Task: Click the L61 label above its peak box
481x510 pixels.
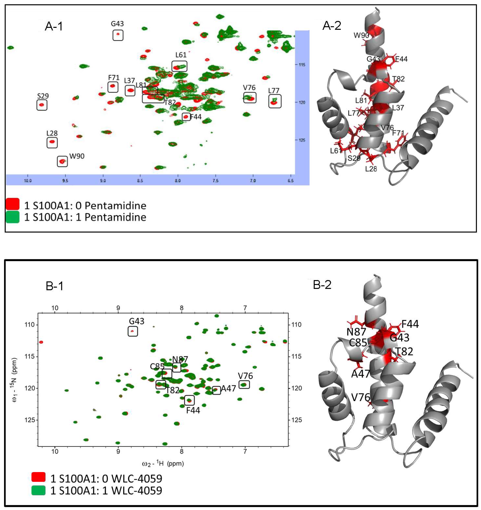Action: click(x=181, y=55)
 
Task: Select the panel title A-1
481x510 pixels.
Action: click(x=54, y=26)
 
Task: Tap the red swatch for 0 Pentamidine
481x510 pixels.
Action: click(x=12, y=204)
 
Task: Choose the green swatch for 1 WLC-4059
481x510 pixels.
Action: click(x=38, y=491)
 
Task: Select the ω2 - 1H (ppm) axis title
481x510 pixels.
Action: click(x=163, y=464)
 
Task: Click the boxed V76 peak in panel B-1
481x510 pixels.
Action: click(x=244, y=384)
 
